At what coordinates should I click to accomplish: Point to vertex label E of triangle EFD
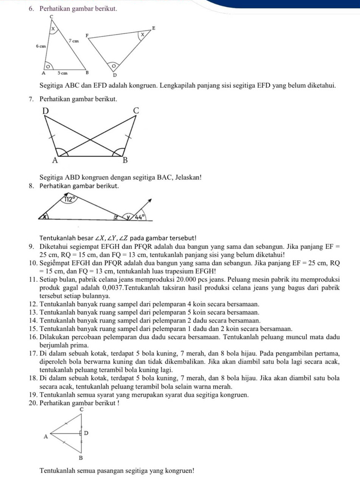(x=153, y=28)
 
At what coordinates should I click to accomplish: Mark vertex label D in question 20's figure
(x=86, y=433)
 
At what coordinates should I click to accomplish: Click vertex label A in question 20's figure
(x=46, y=437)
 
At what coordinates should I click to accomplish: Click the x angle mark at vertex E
(x=142, y=35)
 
